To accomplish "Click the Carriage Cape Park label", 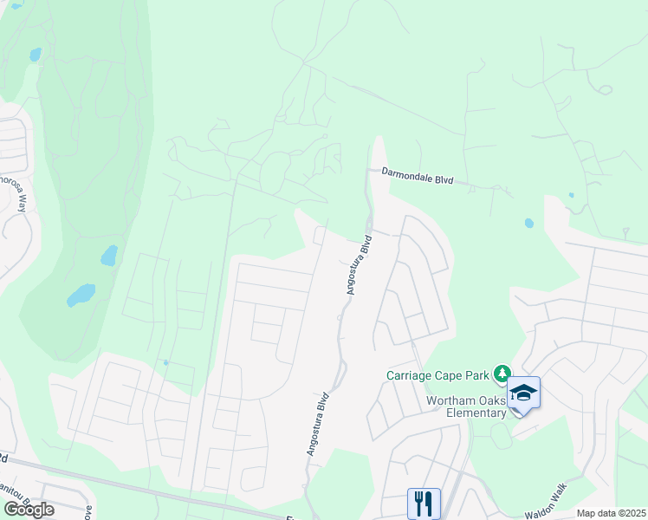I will click(438, 375).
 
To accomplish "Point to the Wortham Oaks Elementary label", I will click(466, 406).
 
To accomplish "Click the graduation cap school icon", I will click(523, 394).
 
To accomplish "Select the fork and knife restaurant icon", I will click(424, 503).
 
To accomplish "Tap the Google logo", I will click(29, 510).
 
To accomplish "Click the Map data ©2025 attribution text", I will click(611, 513).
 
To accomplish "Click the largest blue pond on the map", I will click(81, 295).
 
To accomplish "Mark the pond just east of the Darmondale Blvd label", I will click(528, 223).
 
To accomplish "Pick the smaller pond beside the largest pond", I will click(108, 255).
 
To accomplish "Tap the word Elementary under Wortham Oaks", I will click(478, 413).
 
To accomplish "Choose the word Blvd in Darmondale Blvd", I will click(444, 180).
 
